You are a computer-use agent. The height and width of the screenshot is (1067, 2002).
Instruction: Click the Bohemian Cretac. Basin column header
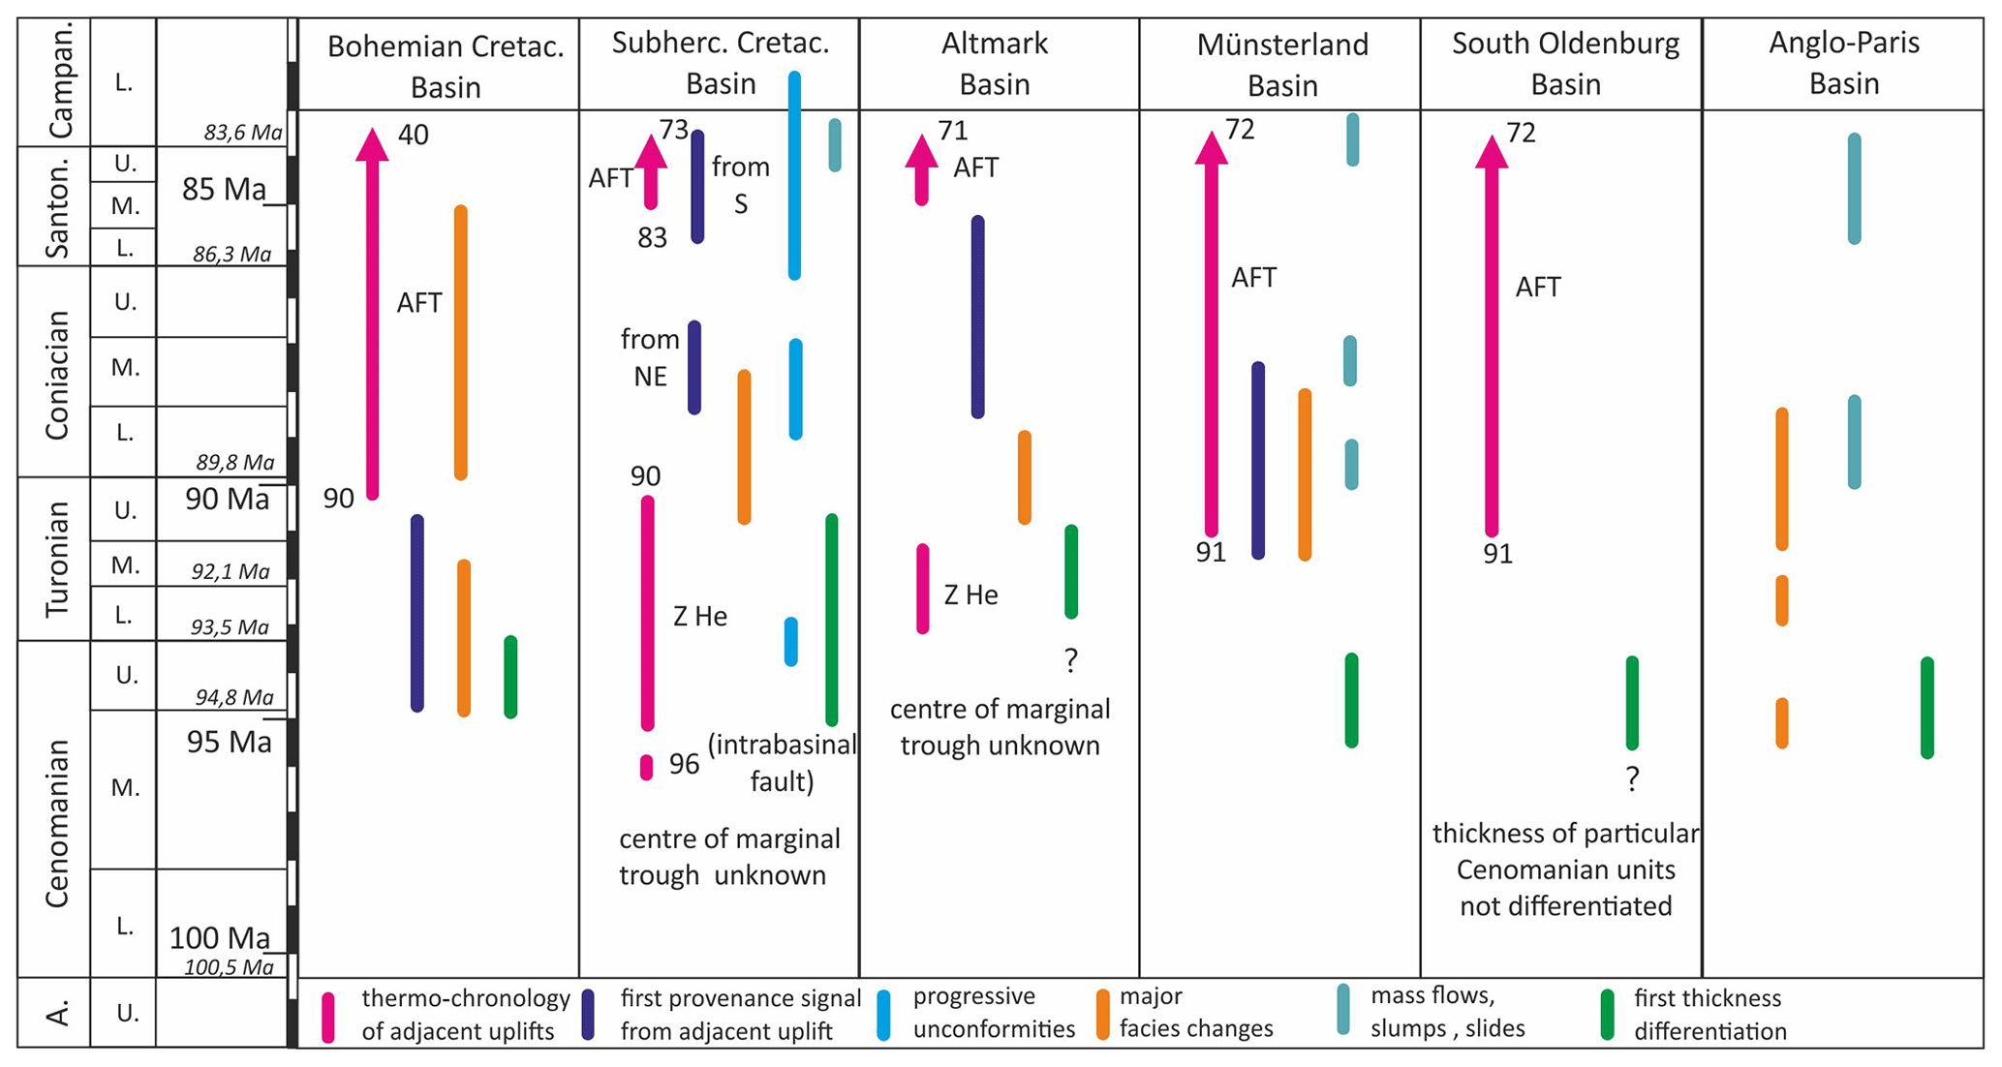click(445, 66)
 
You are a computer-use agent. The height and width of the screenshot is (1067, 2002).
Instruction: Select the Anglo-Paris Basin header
click(1843, 63)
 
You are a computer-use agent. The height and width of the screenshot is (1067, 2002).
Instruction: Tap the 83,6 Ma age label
click(242, 133)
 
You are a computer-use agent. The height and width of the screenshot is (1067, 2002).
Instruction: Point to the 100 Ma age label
click(220, 937)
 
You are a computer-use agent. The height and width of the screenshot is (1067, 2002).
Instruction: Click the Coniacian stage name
click(56, 375)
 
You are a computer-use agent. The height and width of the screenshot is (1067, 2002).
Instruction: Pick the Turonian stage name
click(56, 560)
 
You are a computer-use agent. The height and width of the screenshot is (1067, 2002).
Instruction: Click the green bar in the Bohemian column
click(510, 677)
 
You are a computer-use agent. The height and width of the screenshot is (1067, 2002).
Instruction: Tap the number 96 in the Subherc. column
click(684, 765)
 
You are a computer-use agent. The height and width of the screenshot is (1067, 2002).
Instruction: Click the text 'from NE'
click(650, 357)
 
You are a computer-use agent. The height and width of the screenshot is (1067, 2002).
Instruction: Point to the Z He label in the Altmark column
click(970, 594)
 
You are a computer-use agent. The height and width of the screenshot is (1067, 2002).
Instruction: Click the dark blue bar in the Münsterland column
click(1257, 461)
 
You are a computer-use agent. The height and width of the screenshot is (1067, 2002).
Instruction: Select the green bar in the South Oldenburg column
click(1632, 703)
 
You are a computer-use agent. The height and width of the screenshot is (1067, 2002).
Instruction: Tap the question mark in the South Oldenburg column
click(1632, 779)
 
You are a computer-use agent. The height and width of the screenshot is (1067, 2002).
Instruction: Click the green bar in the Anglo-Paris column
click(1926, 708)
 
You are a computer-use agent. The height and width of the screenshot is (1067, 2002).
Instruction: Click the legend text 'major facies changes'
click(1195, 1013)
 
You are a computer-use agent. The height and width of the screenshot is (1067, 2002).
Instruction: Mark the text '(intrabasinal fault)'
click(782, 763)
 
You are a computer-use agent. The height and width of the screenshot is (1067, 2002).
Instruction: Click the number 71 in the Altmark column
click(953, 130)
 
